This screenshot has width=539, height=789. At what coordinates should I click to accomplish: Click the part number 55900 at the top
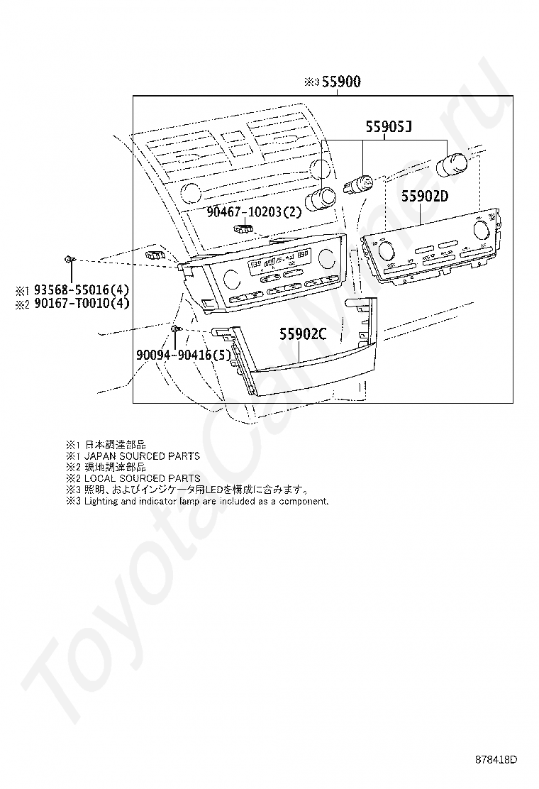[x=342, y=82]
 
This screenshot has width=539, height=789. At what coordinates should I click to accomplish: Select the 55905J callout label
[x=389, y=127]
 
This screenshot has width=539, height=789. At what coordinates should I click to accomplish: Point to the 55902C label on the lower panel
[x=303, y=333]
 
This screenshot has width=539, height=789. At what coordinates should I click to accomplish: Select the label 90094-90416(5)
[x=184, y=355]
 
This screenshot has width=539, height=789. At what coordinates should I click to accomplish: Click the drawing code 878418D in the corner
[x=496, y=761]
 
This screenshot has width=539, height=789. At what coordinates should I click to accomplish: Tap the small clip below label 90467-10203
[x=243, y=228]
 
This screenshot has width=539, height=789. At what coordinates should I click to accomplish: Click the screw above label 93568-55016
[x=70, y=260]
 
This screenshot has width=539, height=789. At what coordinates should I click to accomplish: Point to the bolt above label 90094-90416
[x=176, y=329]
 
